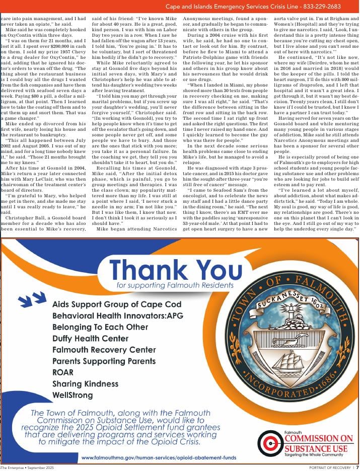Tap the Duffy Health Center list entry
coord(91,339)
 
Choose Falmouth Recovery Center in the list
coord(104,350)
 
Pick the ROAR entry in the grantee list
coord(63,372)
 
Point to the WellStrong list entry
coord(73,395)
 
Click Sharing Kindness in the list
coord(85,384)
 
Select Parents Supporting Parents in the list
coord(104,361)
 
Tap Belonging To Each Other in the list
coord(100,328)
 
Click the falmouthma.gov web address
coord(159,457)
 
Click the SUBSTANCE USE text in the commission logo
coord(316,448)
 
